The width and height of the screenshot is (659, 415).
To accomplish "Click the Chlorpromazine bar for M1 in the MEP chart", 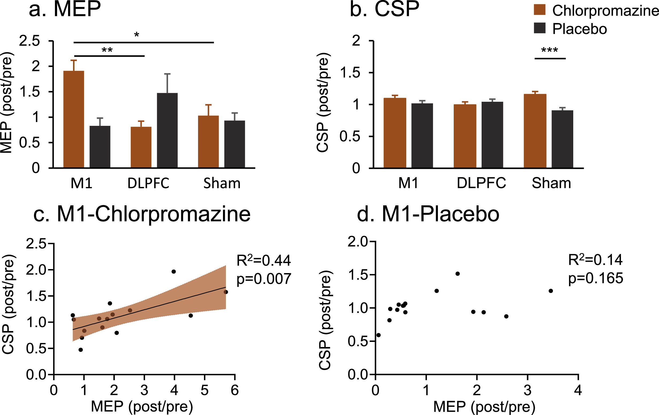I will tap(74, 119).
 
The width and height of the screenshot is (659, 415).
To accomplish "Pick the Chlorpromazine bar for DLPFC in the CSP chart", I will tap(465, 136).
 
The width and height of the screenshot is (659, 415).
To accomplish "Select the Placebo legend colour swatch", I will tap(539, 28).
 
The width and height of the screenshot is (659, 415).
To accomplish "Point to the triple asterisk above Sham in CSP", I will tap(550, 50).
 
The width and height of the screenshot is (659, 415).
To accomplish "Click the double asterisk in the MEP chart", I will tap(107, 50).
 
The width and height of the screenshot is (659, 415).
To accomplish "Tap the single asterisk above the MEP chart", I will tap(137, 35).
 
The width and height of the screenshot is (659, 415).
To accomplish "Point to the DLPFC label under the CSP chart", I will tap(481, 183).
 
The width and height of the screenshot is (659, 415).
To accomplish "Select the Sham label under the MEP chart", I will tap(222, 183).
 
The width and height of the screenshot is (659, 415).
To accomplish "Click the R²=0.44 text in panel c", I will tap(263, 260).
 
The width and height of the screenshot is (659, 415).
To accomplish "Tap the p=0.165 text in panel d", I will tap(595, 278).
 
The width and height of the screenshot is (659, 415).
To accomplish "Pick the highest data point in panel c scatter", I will tap(173, 271).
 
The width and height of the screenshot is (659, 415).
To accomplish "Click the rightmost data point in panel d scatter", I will tap(551, 291).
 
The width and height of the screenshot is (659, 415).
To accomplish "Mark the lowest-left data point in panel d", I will tap(378, 335).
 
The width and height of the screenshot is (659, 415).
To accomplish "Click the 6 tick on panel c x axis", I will tap(234, 390).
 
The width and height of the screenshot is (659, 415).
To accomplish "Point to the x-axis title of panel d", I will tap(484, 406).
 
